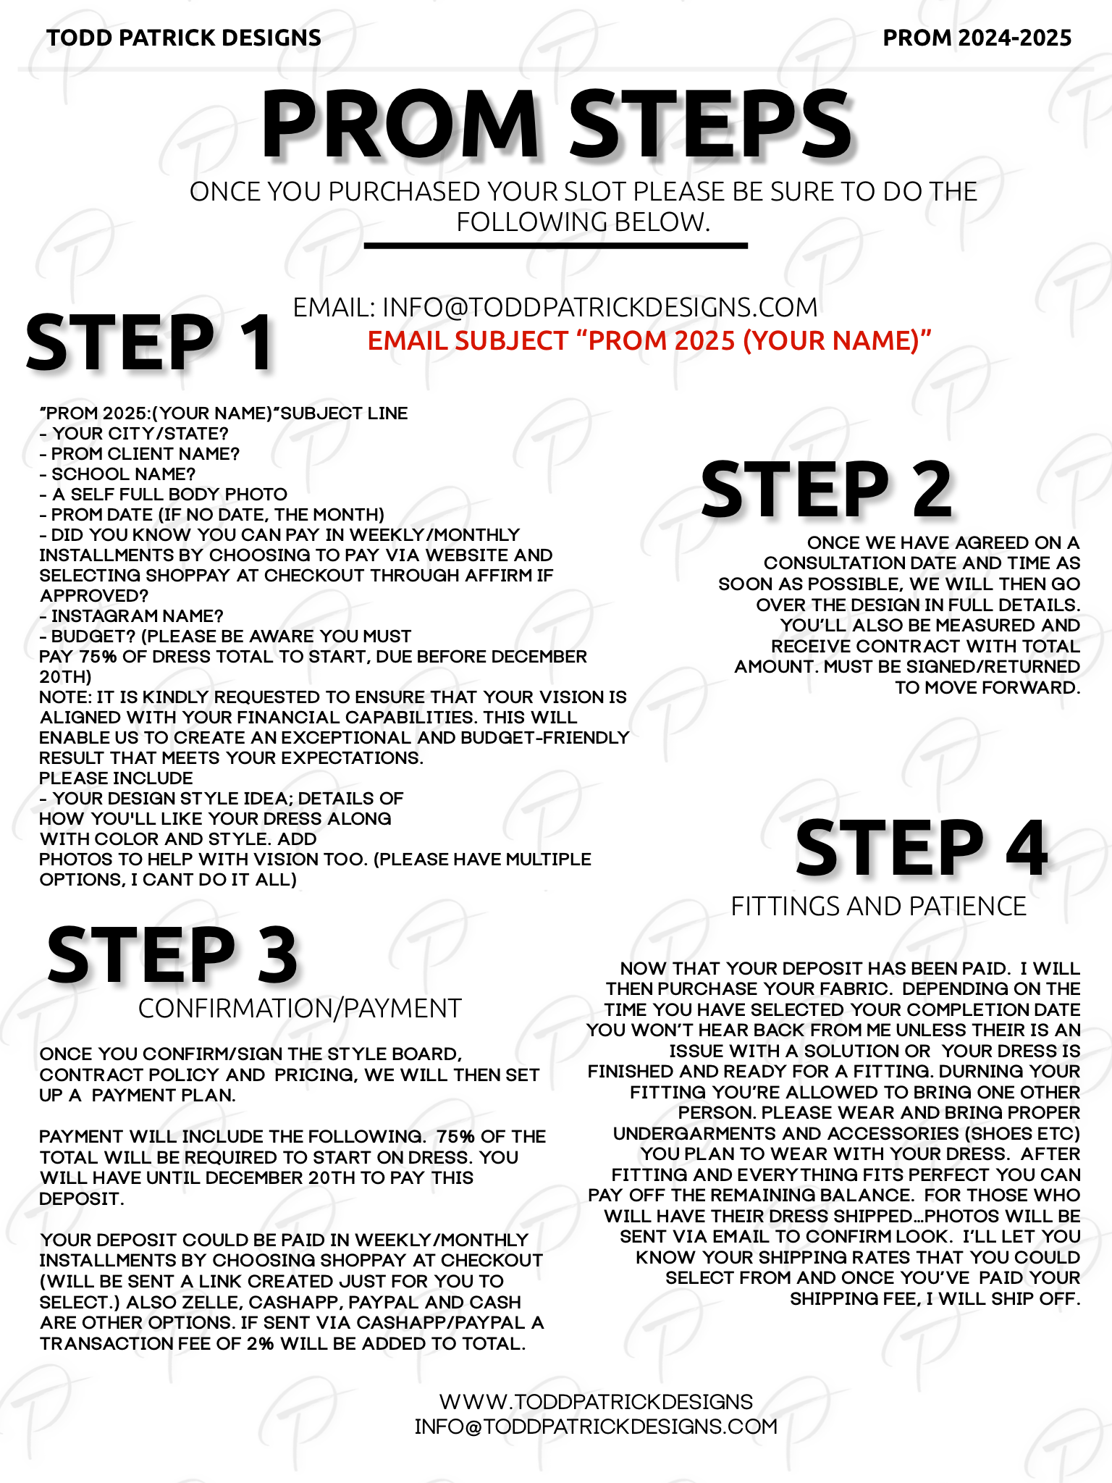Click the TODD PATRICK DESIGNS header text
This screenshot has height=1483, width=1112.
(x=184, y=38)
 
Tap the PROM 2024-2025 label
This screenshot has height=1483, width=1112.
(x=977, y=38)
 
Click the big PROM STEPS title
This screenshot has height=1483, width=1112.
(x=556, y=124)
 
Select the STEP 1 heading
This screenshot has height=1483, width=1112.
(x=149, y=343)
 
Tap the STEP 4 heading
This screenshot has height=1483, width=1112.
(x=921, y=848)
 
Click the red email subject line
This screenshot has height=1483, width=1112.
(x=649, y=340)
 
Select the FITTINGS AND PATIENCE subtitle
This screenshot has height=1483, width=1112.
(x=878, y=907)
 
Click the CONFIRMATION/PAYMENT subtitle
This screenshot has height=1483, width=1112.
(x=300, y=1008)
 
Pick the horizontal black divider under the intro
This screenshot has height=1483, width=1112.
(x=555, y=246)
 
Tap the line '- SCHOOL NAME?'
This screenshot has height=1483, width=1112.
(x=118, y=474)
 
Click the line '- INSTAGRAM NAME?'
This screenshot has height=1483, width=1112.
(x=132, y=616)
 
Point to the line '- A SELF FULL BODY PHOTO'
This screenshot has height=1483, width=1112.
(x=164, y=495)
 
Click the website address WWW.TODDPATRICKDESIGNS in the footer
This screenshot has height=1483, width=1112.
(x=596, y=1401)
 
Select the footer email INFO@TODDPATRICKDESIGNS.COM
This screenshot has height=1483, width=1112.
(x=596, y=1427)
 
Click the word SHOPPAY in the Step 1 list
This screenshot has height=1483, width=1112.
(x=188, y=576)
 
